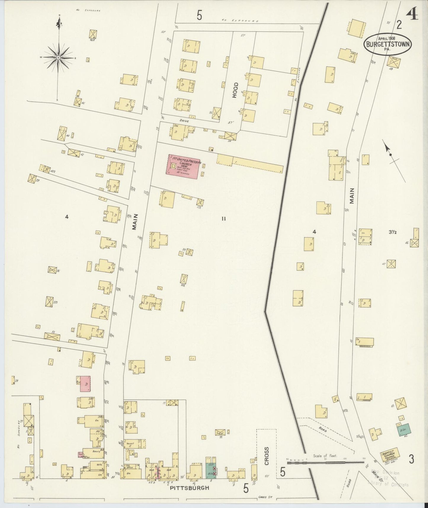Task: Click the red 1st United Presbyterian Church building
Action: click(182, 167)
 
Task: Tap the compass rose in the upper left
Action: click(59, 57)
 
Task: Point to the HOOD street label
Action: click(235, 94)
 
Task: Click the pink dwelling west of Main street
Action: click(85, 384)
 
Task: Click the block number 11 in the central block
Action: click(224, 219)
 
